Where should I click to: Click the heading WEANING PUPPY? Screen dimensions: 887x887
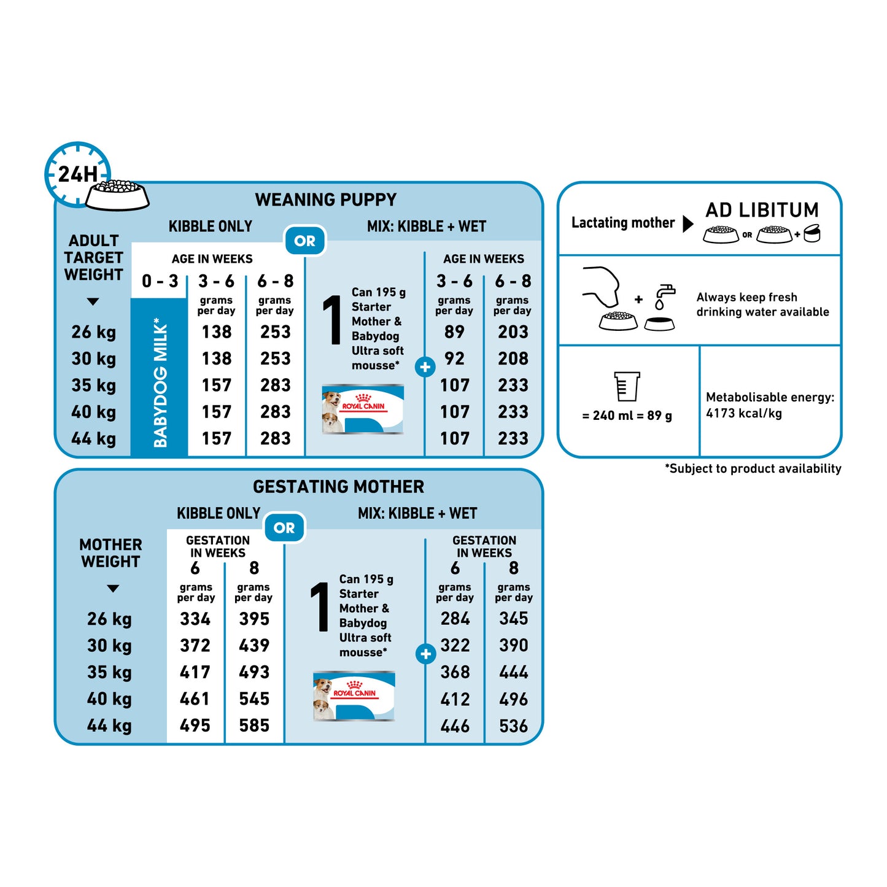pos(325,199)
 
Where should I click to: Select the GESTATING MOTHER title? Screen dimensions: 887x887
pos(338,487)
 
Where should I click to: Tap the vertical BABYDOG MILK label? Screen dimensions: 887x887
pos(160,382)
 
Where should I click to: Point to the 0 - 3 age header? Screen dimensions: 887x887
pos(160,281)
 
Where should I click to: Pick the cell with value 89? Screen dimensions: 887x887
pos(454,332)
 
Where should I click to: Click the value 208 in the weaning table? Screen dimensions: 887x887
pos(513,358)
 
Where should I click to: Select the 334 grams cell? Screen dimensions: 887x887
pos(195,619)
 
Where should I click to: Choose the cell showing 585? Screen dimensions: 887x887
pos(254,726)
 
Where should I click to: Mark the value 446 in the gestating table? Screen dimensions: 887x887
pos(455,726)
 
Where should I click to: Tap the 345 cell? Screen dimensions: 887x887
pos(513,618)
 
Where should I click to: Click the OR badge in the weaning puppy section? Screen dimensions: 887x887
pos(304,240)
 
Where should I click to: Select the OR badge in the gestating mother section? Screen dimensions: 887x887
pos(284,527)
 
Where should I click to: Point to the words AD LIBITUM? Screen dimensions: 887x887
pos(762,210)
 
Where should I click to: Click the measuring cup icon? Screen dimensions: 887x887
pos(627,386)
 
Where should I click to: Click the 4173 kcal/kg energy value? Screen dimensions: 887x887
pos(744,413)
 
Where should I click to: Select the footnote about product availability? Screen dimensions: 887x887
pos(753,468)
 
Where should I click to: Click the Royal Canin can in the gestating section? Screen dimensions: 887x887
pos(354,695)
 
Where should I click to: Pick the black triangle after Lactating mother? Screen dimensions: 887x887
pos(688,223)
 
